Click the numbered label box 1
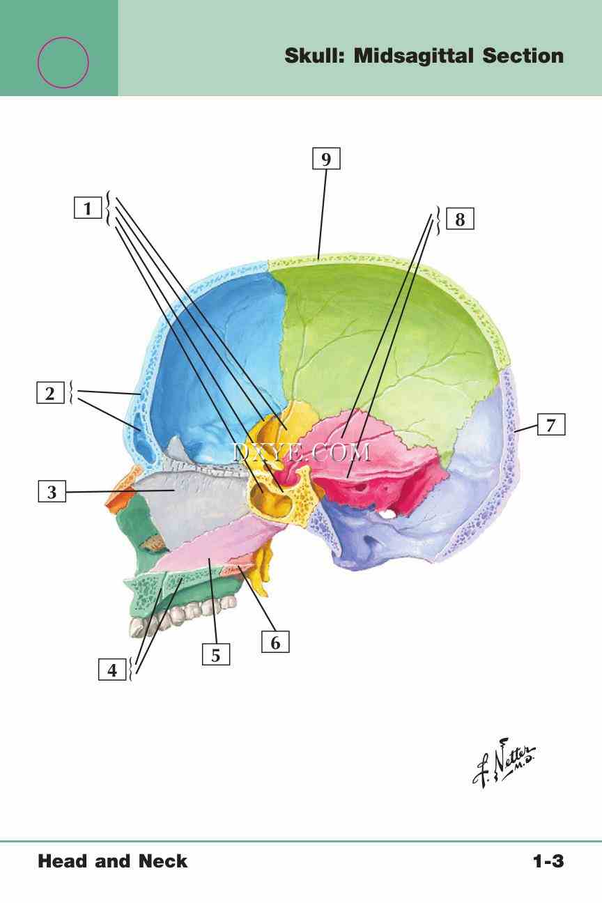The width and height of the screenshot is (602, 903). click(88, 208)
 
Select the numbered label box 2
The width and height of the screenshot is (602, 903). click(50, 394)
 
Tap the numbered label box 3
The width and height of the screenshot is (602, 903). click(52, 493)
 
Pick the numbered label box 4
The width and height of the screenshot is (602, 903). click(112, 671)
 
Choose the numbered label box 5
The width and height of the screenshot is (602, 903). click(216, 655)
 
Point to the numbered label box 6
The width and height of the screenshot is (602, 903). click(275, 642)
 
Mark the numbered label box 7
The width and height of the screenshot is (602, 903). click(551, 424)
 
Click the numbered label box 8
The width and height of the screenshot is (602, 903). click(460, 219)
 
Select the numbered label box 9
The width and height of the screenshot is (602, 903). click(326, 160)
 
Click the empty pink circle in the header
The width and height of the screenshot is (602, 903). click(63, 63)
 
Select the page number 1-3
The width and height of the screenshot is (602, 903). click(548, 862)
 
